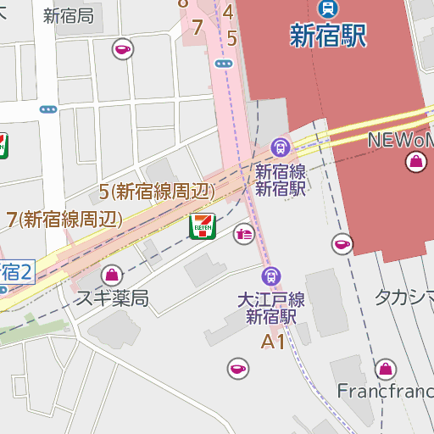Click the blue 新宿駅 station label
coord(328,36)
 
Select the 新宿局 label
coord(68,15)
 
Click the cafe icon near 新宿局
coord(124,49)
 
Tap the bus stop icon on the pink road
coord(224,63)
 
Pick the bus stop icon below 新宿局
coord(48,109)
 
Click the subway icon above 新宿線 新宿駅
coord(280,147)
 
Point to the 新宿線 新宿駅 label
coord(280,180)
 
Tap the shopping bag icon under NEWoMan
coord(415,161)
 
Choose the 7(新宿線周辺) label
coord(64,220)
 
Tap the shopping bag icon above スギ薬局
coord(111,275)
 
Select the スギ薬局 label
coord(112,298)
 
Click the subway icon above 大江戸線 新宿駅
coord(271,275)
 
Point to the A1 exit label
coord(273,342)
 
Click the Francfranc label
coord(385,392)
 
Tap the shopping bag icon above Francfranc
coord(386,369)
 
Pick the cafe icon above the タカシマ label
coord(342,244)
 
